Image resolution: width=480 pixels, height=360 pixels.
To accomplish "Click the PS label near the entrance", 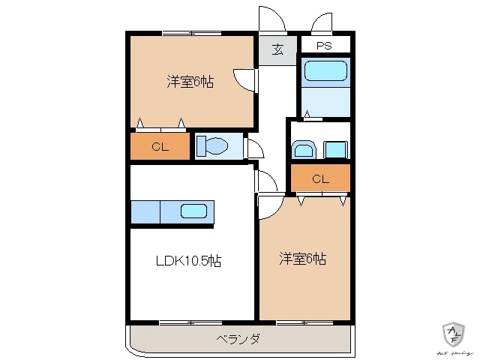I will click(323, 46).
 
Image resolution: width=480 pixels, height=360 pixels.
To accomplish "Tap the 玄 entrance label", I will click(277, 50).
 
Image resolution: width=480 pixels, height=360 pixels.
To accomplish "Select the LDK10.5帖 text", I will click(187, 261).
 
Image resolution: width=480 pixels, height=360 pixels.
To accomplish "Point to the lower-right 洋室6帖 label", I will click(302, 259).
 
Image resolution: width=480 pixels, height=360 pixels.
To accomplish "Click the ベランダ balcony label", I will click(238, 339).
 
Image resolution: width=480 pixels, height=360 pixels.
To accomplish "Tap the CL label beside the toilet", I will click(160, 147).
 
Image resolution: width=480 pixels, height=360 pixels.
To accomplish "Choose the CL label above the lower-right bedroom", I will click(320, 178).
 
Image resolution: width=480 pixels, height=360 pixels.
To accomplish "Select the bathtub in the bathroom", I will click(325, 73).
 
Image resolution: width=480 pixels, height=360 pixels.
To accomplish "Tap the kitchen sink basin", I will click(194, 211).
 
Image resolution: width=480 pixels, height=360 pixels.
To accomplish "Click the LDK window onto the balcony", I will click(190, 322).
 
